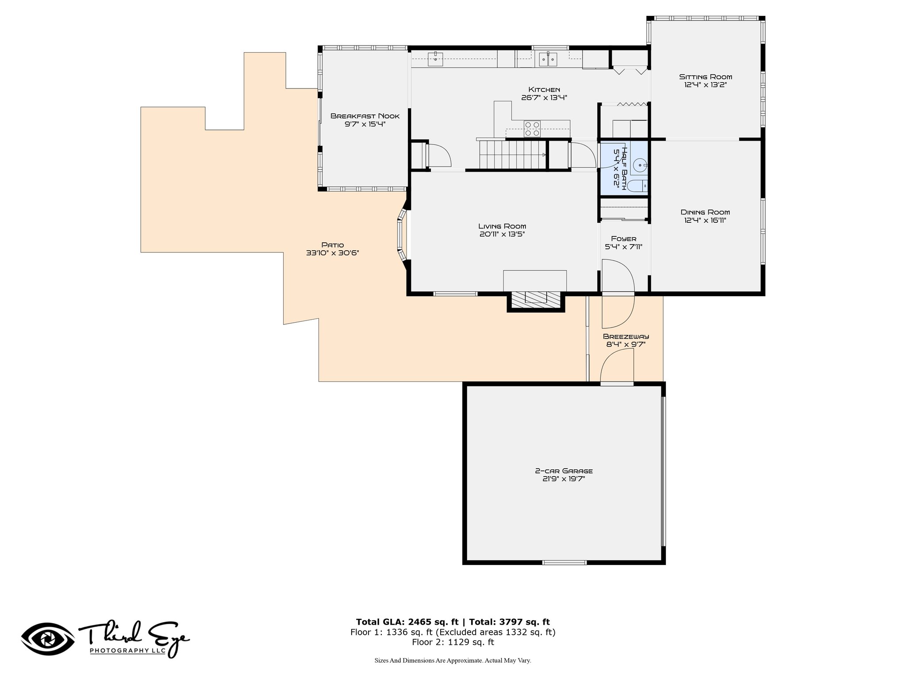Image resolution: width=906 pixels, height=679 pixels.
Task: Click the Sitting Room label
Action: [x=706, y=77]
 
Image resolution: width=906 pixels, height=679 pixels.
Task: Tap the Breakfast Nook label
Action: [x=365, y=116]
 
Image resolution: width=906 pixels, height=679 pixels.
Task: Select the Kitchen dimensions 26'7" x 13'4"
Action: [x=544, y=98]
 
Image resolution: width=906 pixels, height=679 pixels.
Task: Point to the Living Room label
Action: [x=502, y=226]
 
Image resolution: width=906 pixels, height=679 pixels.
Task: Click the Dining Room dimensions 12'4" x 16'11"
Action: [x=705, y=220]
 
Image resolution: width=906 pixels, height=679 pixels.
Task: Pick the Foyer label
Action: [x=624, y=239]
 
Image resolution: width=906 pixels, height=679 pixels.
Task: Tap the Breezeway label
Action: [x=626, y=336]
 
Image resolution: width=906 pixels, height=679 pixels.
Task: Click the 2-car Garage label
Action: [x=564, y=471]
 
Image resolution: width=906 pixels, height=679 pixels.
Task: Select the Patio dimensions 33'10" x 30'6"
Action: [x=332, y=253]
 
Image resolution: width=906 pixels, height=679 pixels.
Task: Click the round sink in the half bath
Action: [x=640, y=164]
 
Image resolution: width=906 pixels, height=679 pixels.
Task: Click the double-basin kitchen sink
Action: [x=548, y=59]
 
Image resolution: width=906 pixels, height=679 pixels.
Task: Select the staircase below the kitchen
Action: [x=512, y=154]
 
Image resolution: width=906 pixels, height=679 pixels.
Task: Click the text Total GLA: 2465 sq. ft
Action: [x=407, y=622]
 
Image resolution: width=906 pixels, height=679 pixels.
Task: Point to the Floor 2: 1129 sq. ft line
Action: [x=453, y=642]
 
